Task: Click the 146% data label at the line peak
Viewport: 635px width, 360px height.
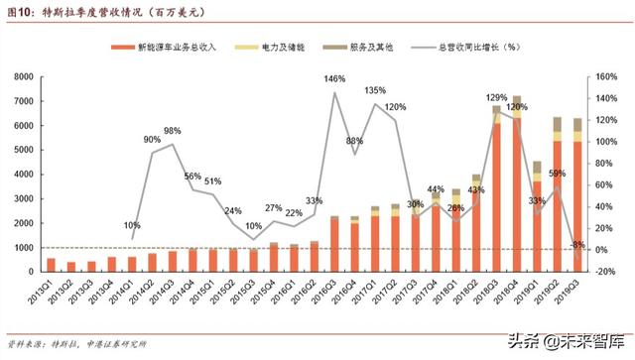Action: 334,78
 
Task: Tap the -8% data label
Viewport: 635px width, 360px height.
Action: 576,244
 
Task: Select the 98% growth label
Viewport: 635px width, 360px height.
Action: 173,132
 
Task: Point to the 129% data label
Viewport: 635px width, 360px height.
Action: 496,97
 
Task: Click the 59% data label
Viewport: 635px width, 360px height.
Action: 557,174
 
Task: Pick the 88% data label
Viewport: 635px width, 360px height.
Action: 354,141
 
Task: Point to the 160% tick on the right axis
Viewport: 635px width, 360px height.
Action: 606,75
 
